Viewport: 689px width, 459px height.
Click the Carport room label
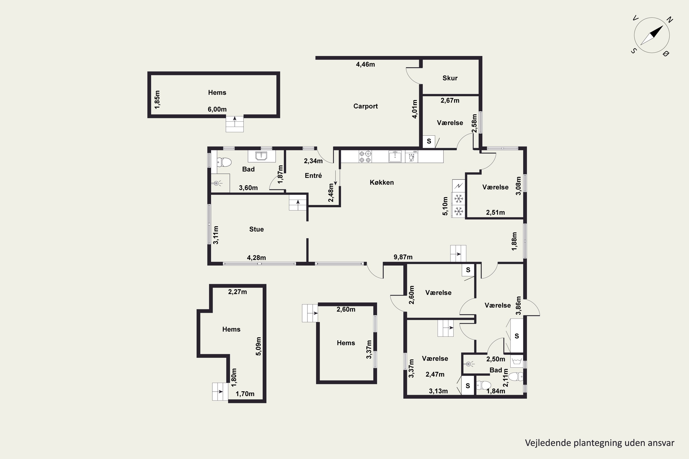coord(365,106)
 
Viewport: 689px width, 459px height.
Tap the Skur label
coord(450,78)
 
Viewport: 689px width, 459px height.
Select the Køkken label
coord(381,182)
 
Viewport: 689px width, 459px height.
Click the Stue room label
coord(256,229)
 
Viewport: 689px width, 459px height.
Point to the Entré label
coord(313,176)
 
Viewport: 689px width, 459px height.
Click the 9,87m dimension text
coord(403,257)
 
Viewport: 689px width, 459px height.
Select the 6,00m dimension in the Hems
coord(217,109)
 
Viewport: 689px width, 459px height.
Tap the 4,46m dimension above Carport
coord(365,64)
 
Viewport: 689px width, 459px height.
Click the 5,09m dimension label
coord(258,346)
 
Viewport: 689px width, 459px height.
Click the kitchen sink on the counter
coord(395,156)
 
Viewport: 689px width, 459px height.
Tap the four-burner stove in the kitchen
coord(365,156)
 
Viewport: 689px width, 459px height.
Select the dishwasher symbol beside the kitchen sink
coord(412,156)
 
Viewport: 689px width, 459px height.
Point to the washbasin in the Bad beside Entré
coord(262,156)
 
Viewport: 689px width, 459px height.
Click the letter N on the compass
coord(670,20)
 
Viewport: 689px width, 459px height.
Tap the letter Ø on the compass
coord(666,53)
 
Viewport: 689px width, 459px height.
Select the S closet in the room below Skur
coord(429,141)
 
